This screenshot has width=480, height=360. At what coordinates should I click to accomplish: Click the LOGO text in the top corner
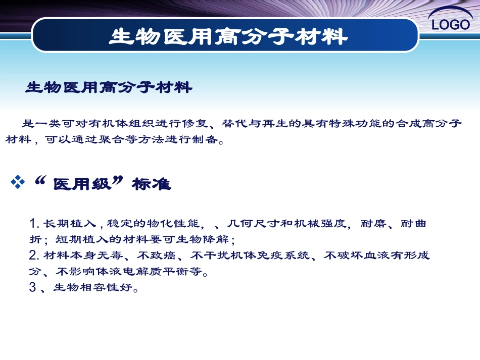[451, 24]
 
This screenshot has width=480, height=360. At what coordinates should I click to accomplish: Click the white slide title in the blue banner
[229, 36]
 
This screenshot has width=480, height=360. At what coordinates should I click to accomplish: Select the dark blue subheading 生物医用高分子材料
[109, 88]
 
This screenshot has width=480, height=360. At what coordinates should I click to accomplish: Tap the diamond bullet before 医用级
[18, 183]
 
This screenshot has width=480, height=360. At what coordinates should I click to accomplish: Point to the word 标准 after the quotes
[151, 185]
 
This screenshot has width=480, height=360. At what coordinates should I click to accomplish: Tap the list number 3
[33, 288]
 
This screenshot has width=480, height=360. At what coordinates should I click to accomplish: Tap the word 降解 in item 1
[218, 239]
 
